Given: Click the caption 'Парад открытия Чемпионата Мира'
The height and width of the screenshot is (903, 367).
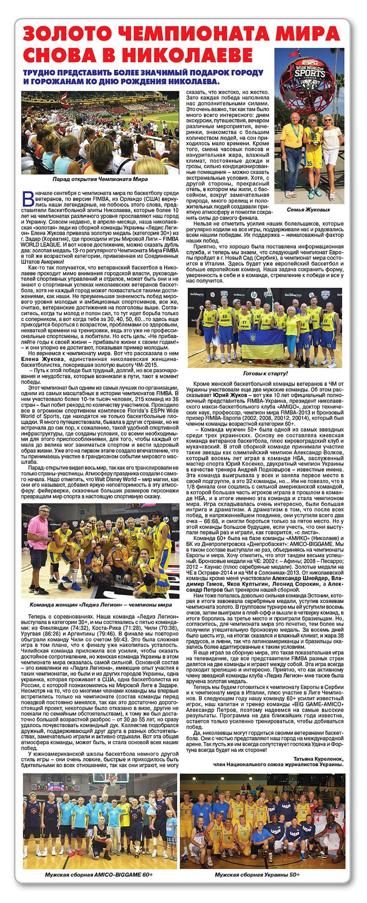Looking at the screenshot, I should (x=100, y=179).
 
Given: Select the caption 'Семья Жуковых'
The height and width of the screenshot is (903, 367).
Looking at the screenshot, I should (x=308, y=210).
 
